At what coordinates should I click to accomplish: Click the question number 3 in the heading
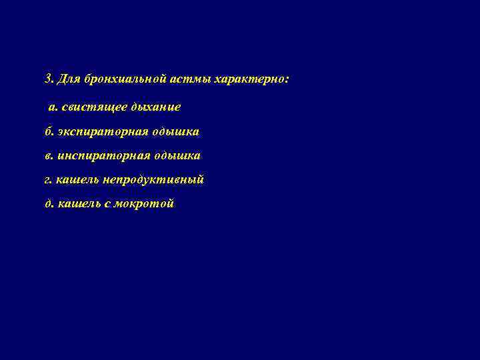(47, 79)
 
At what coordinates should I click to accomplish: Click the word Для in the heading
(68, 79)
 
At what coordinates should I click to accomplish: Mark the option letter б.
(48, 131)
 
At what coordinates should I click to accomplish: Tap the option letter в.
(48, 156)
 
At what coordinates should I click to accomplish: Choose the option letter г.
(47, 180)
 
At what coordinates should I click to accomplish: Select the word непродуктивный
(153, 180)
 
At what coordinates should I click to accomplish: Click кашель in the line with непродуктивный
(77, 180)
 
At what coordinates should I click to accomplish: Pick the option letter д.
(48, 204)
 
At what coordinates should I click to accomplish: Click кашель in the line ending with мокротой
(77, 204)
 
